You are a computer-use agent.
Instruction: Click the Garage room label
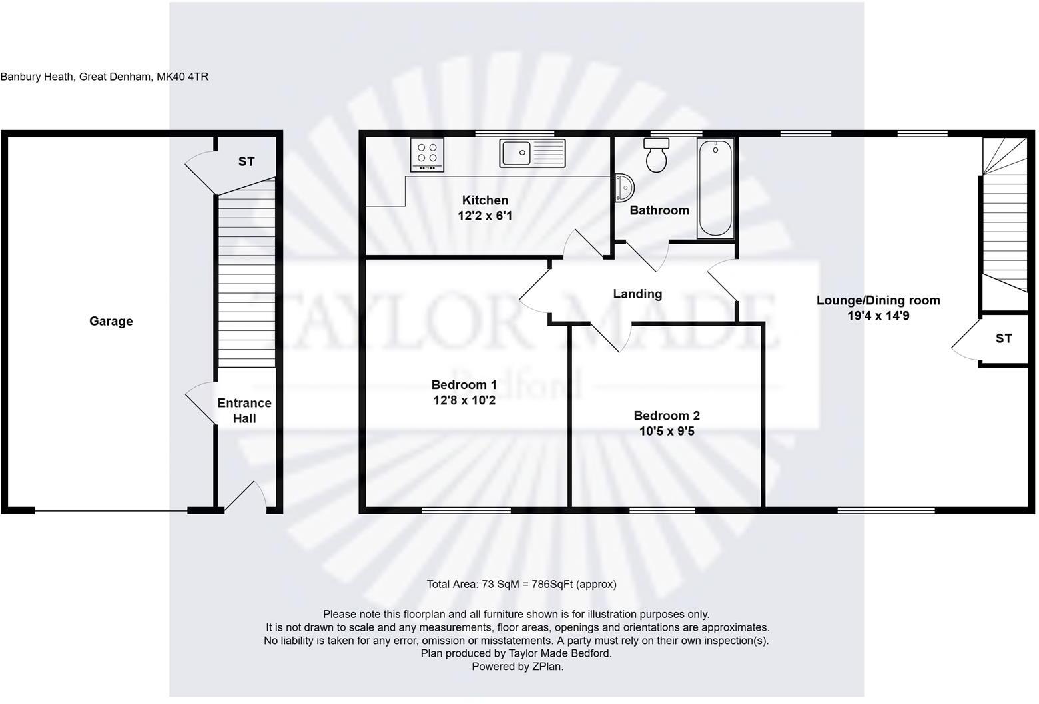(111, 321)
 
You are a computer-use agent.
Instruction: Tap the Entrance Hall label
(244, 410)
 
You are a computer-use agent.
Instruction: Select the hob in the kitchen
(427, 155)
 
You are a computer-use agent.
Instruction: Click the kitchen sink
(531, 153)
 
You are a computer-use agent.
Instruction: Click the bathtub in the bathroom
(715, 188)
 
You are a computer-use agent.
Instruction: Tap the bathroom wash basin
(624, 188)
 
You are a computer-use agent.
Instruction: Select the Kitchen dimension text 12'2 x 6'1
(485, 216)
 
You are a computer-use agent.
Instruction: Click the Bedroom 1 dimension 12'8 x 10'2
(464, 401)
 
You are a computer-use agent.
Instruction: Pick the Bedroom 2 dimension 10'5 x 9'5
(667, 432)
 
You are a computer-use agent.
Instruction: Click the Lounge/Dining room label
(878, 300)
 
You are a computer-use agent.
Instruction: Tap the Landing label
(637, 294)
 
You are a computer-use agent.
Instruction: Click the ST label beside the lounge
(1003, 338)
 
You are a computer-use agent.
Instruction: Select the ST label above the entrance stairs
(246, 161)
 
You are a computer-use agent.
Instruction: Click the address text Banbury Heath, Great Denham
(105, 77)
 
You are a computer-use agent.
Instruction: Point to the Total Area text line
(521, 584)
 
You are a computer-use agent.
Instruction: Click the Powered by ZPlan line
(517, 666)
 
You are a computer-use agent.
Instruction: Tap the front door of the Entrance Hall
(245, 500)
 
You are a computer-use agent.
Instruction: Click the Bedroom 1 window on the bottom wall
(466, 511)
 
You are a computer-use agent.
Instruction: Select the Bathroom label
(659, 210)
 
